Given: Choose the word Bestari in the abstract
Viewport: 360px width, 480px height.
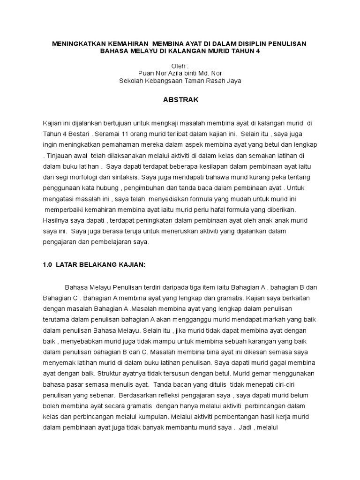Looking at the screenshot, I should click(x=76, y=133).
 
